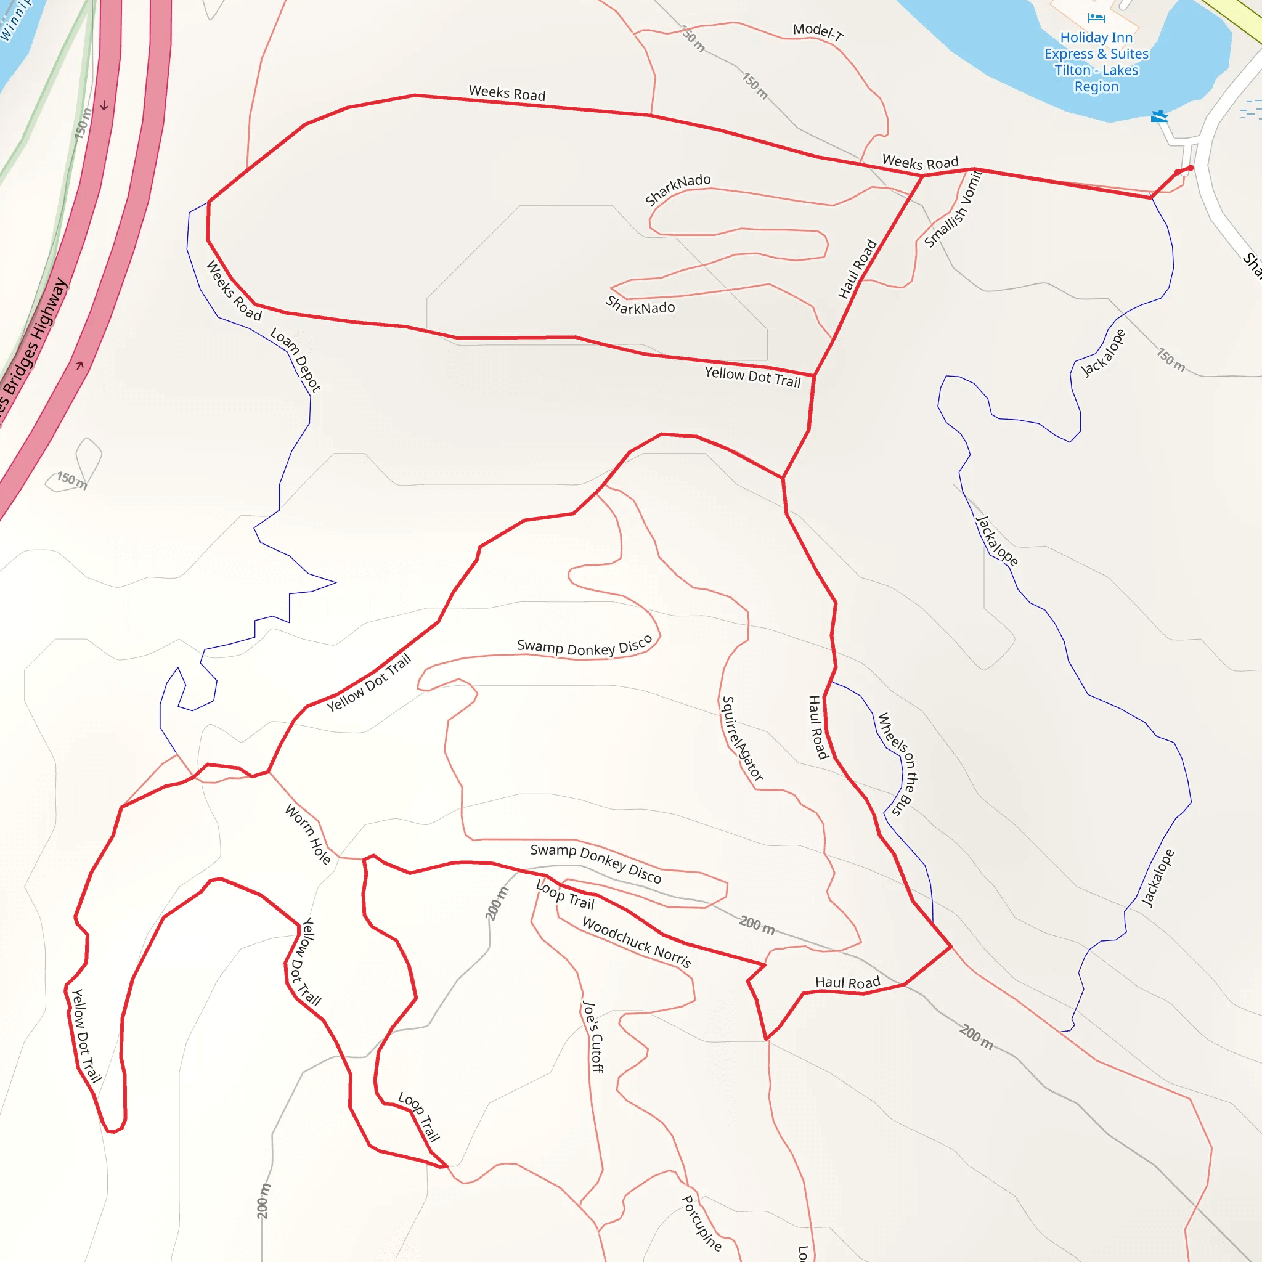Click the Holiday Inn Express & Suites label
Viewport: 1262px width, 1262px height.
point(1096,62)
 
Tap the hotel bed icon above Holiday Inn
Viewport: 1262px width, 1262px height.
point(1096,18)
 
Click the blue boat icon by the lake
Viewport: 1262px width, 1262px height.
point(1159,116)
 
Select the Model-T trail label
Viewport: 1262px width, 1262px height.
point(817,31)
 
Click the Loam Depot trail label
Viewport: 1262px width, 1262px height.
point(295,360)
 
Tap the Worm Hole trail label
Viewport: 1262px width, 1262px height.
point(308,834)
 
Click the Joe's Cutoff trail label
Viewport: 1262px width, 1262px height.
point(592,1036)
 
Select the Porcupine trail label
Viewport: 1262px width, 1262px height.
point(701,1223)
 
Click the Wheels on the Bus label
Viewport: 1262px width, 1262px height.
point(897,763)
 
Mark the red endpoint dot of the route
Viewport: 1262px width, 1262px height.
point(1190,168)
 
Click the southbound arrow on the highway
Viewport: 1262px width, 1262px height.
point(104,106)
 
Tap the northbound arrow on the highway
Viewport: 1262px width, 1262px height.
point(79,365)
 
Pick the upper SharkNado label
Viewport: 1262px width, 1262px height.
point(677,189)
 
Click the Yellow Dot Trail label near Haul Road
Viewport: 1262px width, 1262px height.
point(752,377)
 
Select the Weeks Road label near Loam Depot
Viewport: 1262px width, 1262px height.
point(234,291)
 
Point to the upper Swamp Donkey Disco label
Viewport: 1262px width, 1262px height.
point(585,646)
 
